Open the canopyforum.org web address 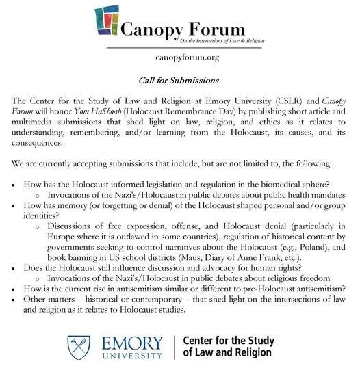187,57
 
